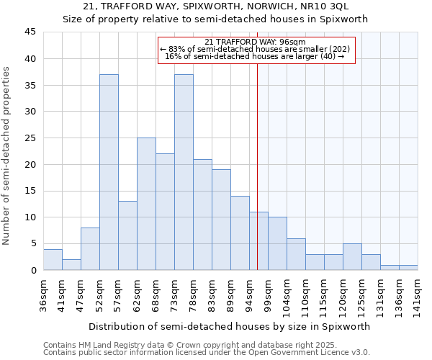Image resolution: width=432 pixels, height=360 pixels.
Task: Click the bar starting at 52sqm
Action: [x=109, y=172]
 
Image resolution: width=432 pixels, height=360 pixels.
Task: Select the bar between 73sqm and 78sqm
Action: [x=184, y=172]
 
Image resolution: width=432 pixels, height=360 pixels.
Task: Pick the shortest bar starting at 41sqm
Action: [x=71, y=264]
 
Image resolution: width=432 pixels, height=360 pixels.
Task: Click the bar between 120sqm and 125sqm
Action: [x=352, y=257]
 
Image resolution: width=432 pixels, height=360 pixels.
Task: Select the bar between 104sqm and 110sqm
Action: [x=296, y=254]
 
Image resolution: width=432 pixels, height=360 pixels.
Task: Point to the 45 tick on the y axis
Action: [x=30, y=32]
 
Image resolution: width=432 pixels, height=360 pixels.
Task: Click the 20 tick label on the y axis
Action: [x=30, y=164]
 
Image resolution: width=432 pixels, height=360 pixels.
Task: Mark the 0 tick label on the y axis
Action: [x=33, y=270]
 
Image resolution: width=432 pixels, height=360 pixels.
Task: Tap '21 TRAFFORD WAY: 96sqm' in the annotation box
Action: [x=255, y=42]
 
